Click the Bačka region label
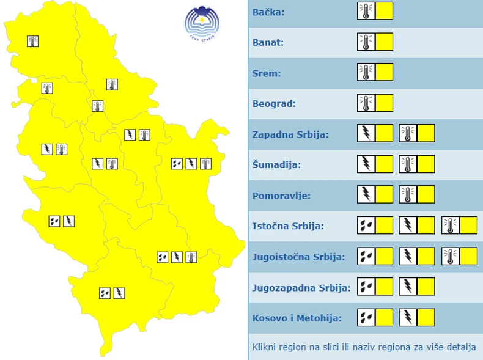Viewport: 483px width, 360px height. point(268,12)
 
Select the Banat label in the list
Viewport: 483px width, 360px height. point(268,43)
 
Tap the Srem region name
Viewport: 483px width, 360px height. point(267,73)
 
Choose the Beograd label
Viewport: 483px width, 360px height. point(274,104)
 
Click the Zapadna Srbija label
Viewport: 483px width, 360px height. point(290,134)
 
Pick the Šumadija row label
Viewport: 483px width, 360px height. point(276,165)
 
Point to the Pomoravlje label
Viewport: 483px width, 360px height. point(281,196)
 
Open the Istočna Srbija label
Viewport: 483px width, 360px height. point(288,227)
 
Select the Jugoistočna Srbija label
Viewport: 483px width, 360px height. point(299,257)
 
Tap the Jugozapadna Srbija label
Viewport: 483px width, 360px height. point(301,288)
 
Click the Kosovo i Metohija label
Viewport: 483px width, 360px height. point(297,318)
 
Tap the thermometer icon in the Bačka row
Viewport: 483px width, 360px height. point(366,11)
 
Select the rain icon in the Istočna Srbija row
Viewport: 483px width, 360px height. point(366,226)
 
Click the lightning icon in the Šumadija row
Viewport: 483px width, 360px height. point(366,164)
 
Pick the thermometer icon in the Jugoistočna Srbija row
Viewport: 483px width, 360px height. point(450,256)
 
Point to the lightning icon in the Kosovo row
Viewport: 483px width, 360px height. point(408,317)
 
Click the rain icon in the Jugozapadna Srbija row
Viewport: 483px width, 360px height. point(366,287)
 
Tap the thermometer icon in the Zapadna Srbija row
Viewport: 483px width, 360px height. point(408,133)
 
